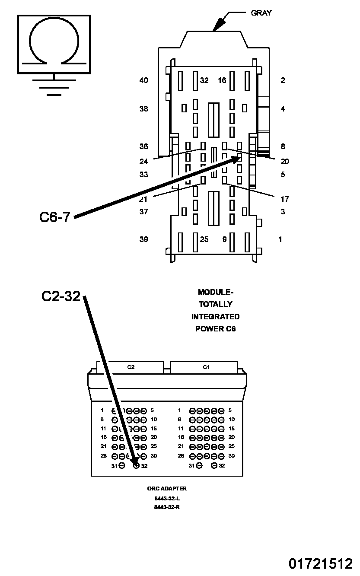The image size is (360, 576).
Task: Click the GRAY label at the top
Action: point(261,13)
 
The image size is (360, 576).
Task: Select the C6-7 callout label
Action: point(54,216)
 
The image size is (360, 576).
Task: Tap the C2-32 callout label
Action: point(61,296)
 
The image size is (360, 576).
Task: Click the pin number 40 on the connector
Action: point(143,80)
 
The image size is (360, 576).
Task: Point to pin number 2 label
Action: point(283,80)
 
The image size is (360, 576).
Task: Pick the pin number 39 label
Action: point(143,239)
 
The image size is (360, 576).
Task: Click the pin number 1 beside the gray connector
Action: point(280,239)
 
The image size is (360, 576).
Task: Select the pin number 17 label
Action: point(284,199)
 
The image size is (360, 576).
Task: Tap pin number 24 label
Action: point(143,162)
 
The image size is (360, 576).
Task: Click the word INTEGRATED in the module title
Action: point(215,317)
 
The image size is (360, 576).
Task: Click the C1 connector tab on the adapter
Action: point(206,367)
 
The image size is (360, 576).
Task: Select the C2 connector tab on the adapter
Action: point(131,367)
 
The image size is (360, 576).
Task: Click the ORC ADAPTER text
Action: point(167,489)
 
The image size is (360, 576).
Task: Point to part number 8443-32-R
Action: point(167,507)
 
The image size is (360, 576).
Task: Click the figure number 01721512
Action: point(321,563)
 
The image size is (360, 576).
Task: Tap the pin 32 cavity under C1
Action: point(214,465)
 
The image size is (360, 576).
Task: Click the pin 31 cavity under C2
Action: point(122,465)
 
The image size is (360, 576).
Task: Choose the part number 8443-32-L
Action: point(167,498)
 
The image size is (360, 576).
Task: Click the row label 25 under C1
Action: point(231,446)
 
